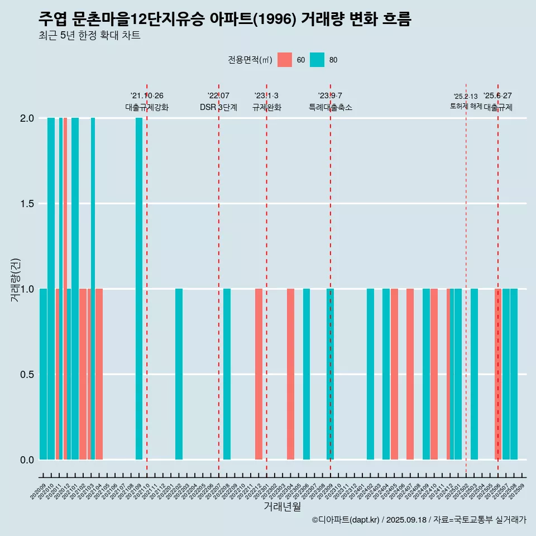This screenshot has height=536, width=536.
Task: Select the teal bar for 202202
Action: point(179,374)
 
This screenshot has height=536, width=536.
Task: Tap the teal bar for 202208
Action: point(227,374)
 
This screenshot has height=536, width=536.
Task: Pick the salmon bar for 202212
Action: point(259,374)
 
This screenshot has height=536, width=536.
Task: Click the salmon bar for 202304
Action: point(290,374)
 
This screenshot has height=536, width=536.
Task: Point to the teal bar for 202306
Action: point(307,374)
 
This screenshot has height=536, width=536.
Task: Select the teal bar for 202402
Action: point(370,374)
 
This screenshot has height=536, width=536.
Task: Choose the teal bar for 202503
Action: point(474,374)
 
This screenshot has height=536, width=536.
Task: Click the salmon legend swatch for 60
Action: point(285,60)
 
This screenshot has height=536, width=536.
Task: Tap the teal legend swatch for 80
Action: point(317,60)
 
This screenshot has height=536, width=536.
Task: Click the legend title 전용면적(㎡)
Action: point(250,60)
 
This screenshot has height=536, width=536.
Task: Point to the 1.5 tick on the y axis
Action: point(26,204)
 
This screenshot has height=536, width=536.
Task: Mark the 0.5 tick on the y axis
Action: point(26,374)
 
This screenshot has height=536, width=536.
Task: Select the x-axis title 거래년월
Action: point(282,507)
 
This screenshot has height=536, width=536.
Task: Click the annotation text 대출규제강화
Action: point(146,107)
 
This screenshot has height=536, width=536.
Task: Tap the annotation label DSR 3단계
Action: point(218,107)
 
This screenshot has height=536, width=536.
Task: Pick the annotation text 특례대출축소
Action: point(331,107)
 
